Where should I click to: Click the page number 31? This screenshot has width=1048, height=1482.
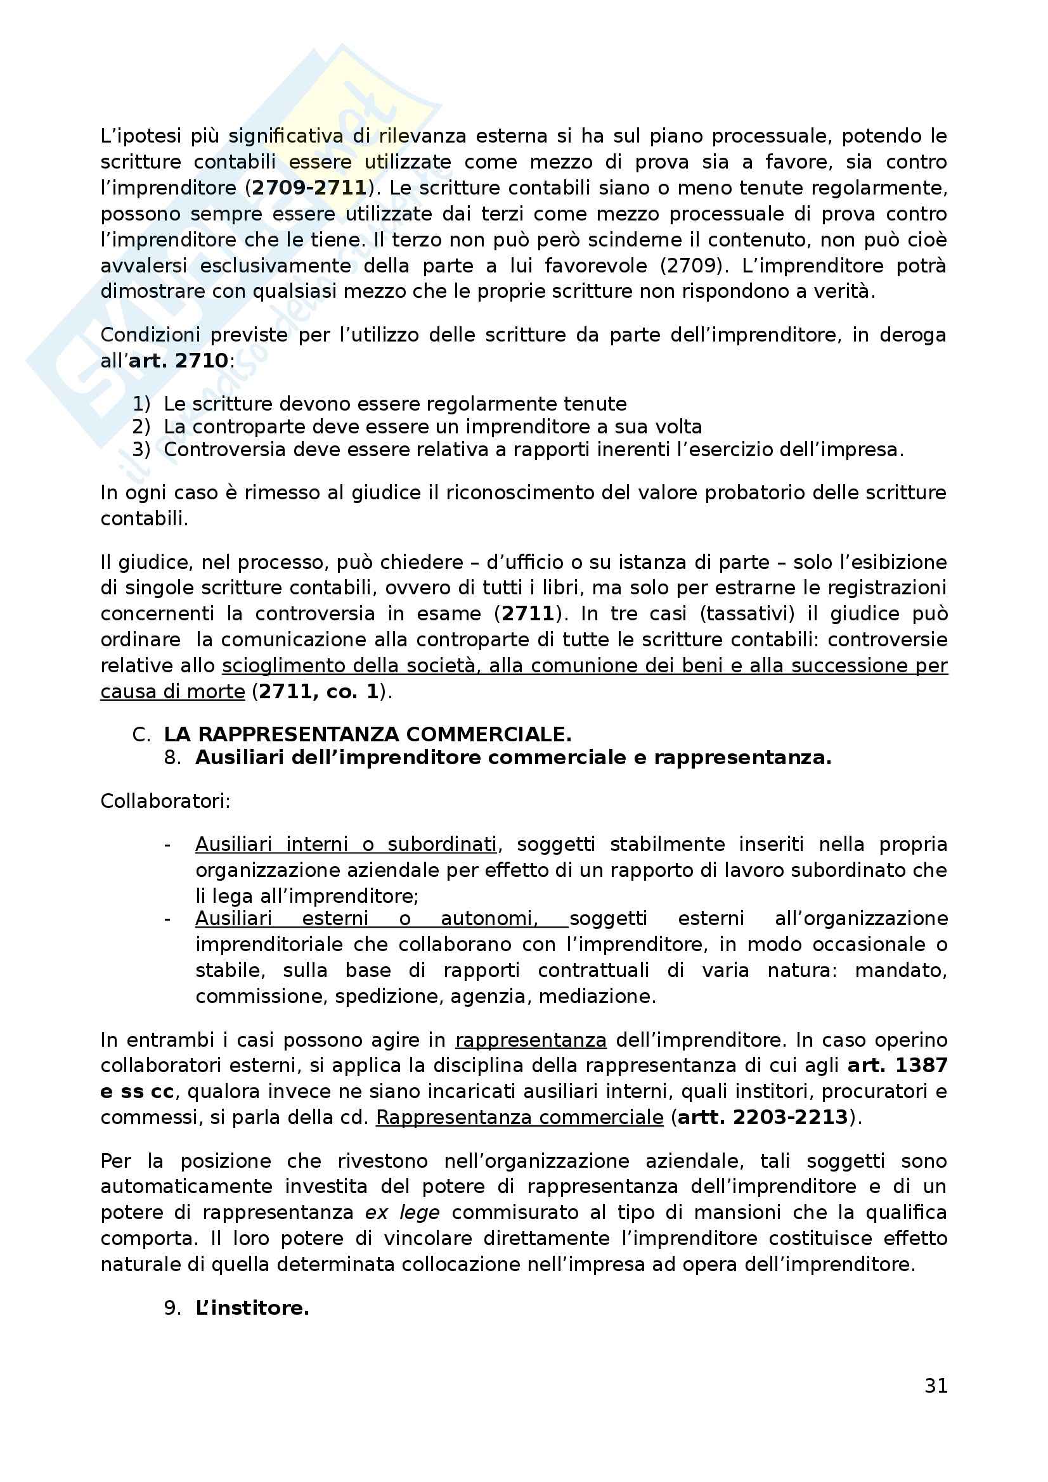(x=936, y=1385)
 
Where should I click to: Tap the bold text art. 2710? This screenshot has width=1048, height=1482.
(x=178, y=360)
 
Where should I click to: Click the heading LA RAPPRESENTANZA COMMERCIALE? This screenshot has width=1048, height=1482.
(x=368, y=734)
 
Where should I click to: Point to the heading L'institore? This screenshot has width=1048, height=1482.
(x=252, y=1308)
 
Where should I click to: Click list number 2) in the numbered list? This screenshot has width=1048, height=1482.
(x=141, y=426)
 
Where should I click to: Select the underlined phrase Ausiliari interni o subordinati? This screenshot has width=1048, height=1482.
(x=346, y=844)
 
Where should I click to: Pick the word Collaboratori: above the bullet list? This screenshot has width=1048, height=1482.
(x=165, y=801)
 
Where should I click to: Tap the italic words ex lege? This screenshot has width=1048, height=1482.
(x=403, y=1212)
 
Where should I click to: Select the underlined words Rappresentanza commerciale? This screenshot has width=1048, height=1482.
(x=519, y=1117)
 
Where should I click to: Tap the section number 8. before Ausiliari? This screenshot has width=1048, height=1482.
(x=172, y=757)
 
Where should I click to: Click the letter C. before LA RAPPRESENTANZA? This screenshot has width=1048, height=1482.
(x=141, y=734)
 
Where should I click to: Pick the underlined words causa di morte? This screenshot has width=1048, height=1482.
(x=172, y=691)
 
